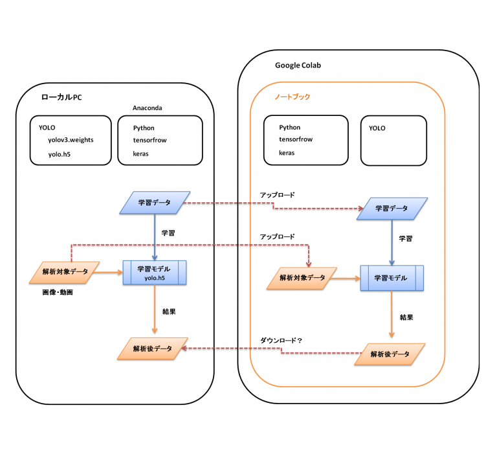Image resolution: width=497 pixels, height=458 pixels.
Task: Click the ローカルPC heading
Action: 61,97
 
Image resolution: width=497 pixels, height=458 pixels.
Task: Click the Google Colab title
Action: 298,65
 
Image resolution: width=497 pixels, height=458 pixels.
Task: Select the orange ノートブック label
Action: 292,97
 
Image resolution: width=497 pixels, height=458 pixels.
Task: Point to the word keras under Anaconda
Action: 141,154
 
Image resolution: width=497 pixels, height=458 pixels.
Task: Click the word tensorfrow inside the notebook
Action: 296,139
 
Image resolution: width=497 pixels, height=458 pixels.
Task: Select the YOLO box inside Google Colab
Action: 393,140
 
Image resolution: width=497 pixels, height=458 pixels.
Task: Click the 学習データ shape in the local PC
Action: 155,203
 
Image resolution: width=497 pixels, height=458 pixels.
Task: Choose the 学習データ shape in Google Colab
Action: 392,209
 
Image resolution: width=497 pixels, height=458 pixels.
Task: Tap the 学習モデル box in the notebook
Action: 392,278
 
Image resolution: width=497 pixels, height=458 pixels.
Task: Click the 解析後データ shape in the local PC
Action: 153,349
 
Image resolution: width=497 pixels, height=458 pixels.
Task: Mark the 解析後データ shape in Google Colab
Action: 390,354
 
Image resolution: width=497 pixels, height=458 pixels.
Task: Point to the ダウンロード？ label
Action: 282,339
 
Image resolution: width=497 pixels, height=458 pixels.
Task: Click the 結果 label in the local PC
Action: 169,312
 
